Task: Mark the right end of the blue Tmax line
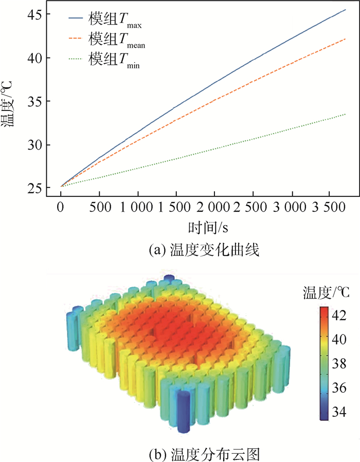tap(346, 10)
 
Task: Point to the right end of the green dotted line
tap(346, 114)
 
